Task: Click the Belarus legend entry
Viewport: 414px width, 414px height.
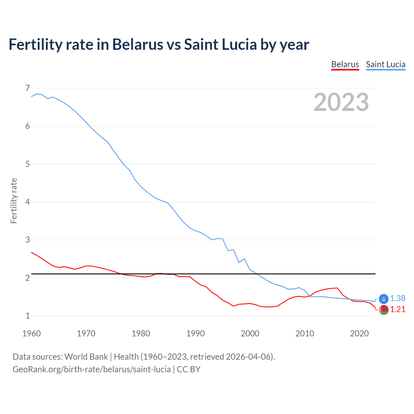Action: point(345,64)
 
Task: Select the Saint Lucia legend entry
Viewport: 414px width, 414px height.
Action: point(386,64)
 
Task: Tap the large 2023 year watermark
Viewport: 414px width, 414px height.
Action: point(341,102)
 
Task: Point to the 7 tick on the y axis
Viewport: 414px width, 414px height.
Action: point(27,88)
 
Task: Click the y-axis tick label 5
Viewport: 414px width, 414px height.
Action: point(27,164)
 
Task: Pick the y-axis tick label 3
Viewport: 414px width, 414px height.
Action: point(27,240)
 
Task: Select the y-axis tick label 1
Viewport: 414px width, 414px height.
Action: point(27,316)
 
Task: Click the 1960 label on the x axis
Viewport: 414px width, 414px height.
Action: point(31,333)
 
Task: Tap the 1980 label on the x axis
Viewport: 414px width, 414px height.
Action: point(141,333)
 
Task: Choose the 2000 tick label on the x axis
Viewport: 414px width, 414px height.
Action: point(250,333)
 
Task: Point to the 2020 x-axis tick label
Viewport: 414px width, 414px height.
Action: point(359,333)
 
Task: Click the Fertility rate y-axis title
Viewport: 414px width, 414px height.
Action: point(14,201)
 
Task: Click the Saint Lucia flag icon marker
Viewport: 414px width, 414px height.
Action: point(384,299)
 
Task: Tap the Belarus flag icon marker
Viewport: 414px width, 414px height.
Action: point(384,310)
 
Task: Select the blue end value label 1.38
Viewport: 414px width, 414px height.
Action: point(398,299)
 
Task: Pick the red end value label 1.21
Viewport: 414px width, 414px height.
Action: point(398,310)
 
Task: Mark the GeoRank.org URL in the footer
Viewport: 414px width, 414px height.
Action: point(92,369)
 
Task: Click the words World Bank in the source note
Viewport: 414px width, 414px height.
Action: point(86,357)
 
